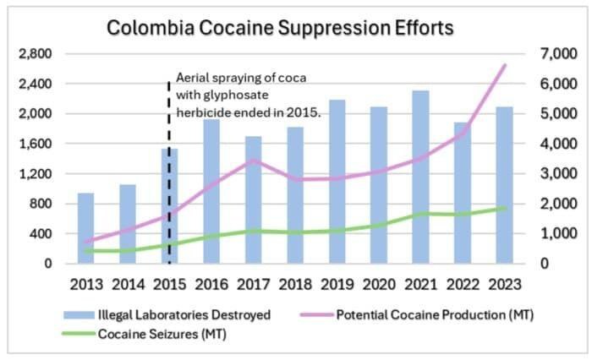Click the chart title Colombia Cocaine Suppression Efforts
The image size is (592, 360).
[280, 27]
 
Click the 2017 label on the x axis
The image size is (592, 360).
[253, 285]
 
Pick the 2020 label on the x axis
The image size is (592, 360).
[378, 285]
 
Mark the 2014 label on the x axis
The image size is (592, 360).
[128, 285]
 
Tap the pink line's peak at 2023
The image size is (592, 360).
[505, 65]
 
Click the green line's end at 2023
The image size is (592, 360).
[505, 208]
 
